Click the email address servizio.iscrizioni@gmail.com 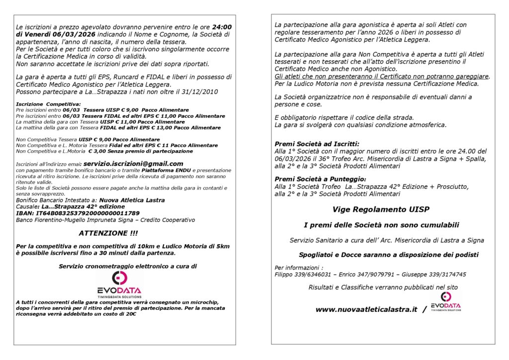[x=133, y=164]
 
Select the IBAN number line [x=78, y=213]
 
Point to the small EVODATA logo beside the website [x=446, y=302]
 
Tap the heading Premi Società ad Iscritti [x=317, y=144]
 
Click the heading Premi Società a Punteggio [x=320, y=179]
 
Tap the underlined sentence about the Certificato [x=382, y=76]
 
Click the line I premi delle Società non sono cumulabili [x=381, y=225]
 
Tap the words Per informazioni [x=291, y=268]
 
